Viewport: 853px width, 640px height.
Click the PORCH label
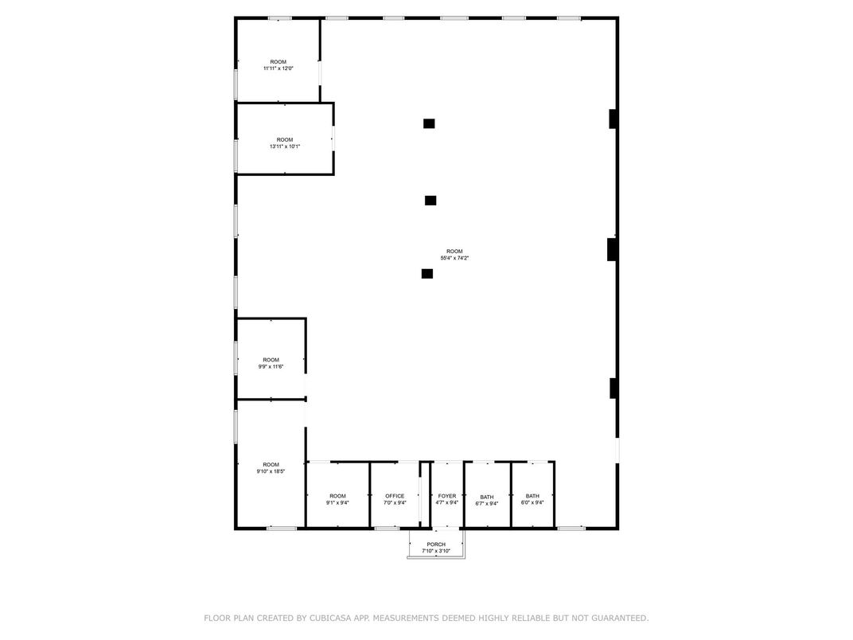click(x=435, y=544)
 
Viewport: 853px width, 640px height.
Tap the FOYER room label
click(x=446, y=496)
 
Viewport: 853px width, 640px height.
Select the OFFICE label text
click(x=395, y=496)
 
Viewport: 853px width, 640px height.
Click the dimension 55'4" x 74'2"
click(x=454, y=258)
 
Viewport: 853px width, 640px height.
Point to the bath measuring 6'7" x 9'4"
click(x=486, y=500)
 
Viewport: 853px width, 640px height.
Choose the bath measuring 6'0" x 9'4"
click(x=532, y=500)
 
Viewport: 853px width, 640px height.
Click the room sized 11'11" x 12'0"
click(x=278, y=65)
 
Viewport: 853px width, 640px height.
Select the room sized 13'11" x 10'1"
click(x=284, y=143)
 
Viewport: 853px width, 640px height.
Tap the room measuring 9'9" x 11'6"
click(x=271, y=363)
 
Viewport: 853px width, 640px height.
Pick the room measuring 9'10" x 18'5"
click(x=271, y=468)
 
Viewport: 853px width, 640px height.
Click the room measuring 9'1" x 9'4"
click(x=337, y=500)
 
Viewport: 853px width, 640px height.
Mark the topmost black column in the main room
click(x=429, y=123)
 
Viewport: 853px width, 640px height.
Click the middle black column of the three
click(x=430, y=201)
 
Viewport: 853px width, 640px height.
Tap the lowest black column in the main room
click(x=427, y=274)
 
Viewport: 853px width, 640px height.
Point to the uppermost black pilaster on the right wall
click(x=613, y=119)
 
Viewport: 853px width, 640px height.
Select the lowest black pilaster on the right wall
click(x=613, y=388)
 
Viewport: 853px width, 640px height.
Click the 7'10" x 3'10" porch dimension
click(x=435, y=551)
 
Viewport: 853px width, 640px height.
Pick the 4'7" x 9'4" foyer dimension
click(x=446, y=503)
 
